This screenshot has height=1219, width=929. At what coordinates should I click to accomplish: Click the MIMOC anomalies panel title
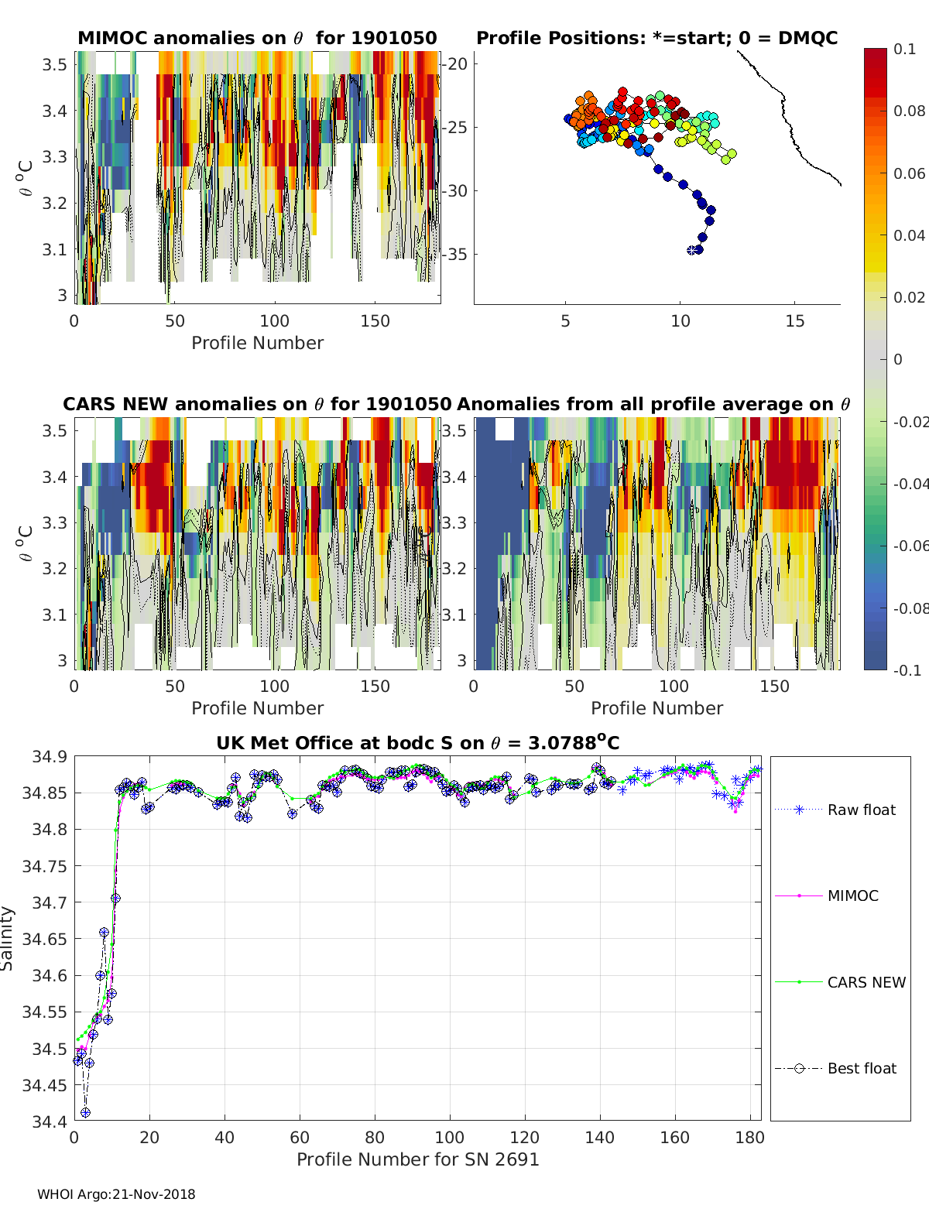(257, 38)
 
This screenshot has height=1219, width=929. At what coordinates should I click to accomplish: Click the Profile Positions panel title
(656, 38)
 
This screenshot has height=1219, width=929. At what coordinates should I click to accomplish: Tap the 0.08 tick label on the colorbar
(909, 111)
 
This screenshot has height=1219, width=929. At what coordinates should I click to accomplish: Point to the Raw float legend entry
(861, 810)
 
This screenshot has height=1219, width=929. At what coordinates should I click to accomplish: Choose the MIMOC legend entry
(852, 895)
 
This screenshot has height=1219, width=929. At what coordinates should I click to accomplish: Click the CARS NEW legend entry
(866, 982)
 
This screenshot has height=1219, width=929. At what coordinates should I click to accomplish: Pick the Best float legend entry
(861, 1068)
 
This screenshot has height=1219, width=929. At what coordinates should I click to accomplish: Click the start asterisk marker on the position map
(692, 250)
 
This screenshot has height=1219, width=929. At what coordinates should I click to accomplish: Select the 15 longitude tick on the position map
(794, 321)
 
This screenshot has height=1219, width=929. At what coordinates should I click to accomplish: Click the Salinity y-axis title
(7, 938)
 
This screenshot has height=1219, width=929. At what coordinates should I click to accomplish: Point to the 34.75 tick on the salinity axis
(44, 865)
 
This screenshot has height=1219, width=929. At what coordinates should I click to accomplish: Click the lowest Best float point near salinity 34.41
(85, 1113)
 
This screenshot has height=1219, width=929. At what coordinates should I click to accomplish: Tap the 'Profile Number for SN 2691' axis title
(417, 1159)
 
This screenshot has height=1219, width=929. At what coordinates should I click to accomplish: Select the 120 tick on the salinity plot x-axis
(525, 1137)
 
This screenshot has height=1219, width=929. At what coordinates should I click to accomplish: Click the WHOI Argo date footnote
(116, 1194)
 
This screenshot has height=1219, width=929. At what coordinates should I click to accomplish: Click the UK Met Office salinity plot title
(417, 743)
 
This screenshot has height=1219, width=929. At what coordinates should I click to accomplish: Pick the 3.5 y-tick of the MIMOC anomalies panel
(54, 64)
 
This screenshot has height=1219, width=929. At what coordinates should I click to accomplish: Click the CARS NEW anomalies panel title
(257, 404)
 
